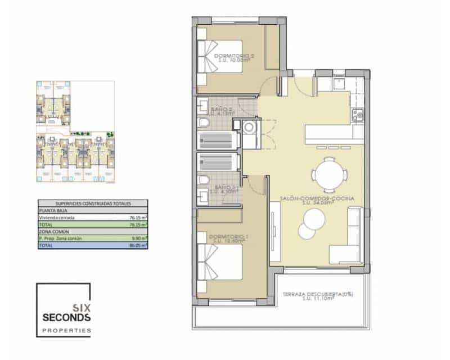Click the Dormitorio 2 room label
pos(235,56)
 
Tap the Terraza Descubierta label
pos(321,294)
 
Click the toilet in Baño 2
pos(204,124)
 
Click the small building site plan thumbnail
pos(75,133)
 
